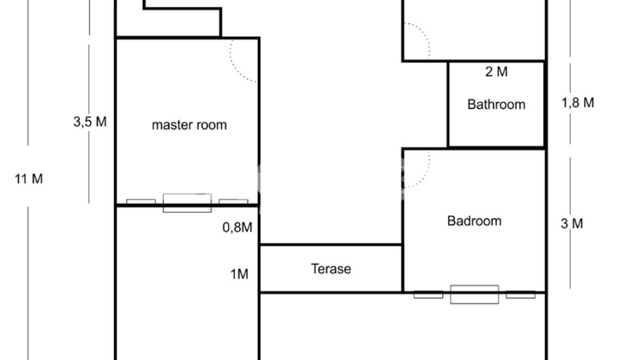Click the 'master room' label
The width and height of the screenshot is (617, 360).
point(189,125)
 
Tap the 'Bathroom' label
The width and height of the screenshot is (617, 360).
point(496,105)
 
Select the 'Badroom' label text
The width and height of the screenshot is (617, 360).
point(474,221)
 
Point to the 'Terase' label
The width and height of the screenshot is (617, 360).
point(331,269)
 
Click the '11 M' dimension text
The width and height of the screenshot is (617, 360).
point(29,179)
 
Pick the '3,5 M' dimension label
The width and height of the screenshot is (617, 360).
point(90,122)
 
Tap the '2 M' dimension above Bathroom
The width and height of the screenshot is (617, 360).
point(496,72)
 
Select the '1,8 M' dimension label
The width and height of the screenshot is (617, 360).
point(578,103)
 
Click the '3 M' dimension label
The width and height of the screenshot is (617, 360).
point(572,224)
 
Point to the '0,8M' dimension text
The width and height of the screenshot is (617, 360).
point(237,227)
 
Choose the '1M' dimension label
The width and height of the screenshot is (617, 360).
point(239,273)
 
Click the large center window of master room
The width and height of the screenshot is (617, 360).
point(187,203)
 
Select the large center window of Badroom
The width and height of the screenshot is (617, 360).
point(474,294)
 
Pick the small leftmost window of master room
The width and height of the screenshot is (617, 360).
point(141,201)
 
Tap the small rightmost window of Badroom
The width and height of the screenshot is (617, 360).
point(520,294)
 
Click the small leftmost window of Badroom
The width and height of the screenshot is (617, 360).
point(428,294)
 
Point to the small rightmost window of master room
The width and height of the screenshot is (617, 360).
point(233,201)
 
